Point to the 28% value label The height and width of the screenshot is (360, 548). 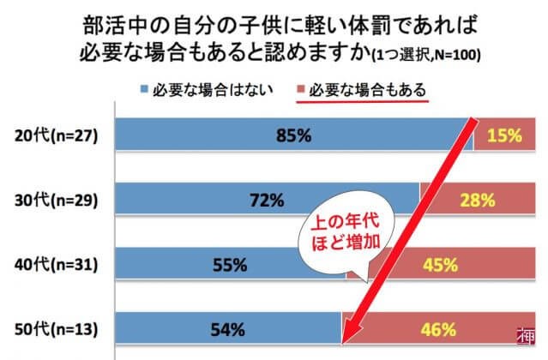[478, 201]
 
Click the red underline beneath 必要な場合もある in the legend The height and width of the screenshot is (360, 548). [360, 100]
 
